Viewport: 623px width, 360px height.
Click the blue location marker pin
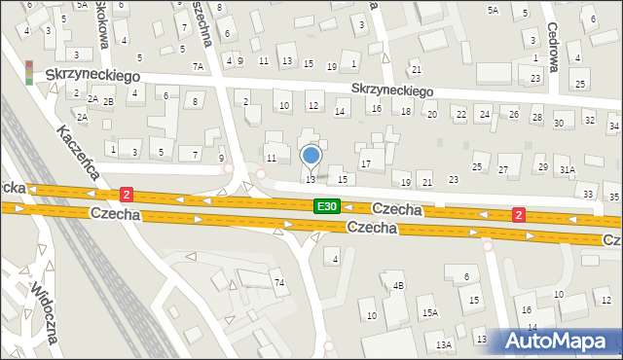pos(311,156)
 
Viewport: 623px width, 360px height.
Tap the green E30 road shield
pos(327,207)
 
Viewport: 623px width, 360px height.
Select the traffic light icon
pos(29,72)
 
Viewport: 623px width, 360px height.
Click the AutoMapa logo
pos(561,341)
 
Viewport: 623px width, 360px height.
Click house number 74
pos(279,282)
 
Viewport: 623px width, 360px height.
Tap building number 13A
pos(445,344)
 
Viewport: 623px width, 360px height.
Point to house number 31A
pos(568,169)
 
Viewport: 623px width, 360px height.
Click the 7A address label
pos(198,67)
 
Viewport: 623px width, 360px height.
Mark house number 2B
pos(109,101)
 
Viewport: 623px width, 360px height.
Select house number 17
pos(366,164)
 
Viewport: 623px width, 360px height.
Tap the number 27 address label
pos(503,170)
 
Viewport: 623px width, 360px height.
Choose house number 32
pos(590,121)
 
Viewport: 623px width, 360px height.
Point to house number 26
pos(512,115)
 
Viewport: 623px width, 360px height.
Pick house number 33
pos(587,195)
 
